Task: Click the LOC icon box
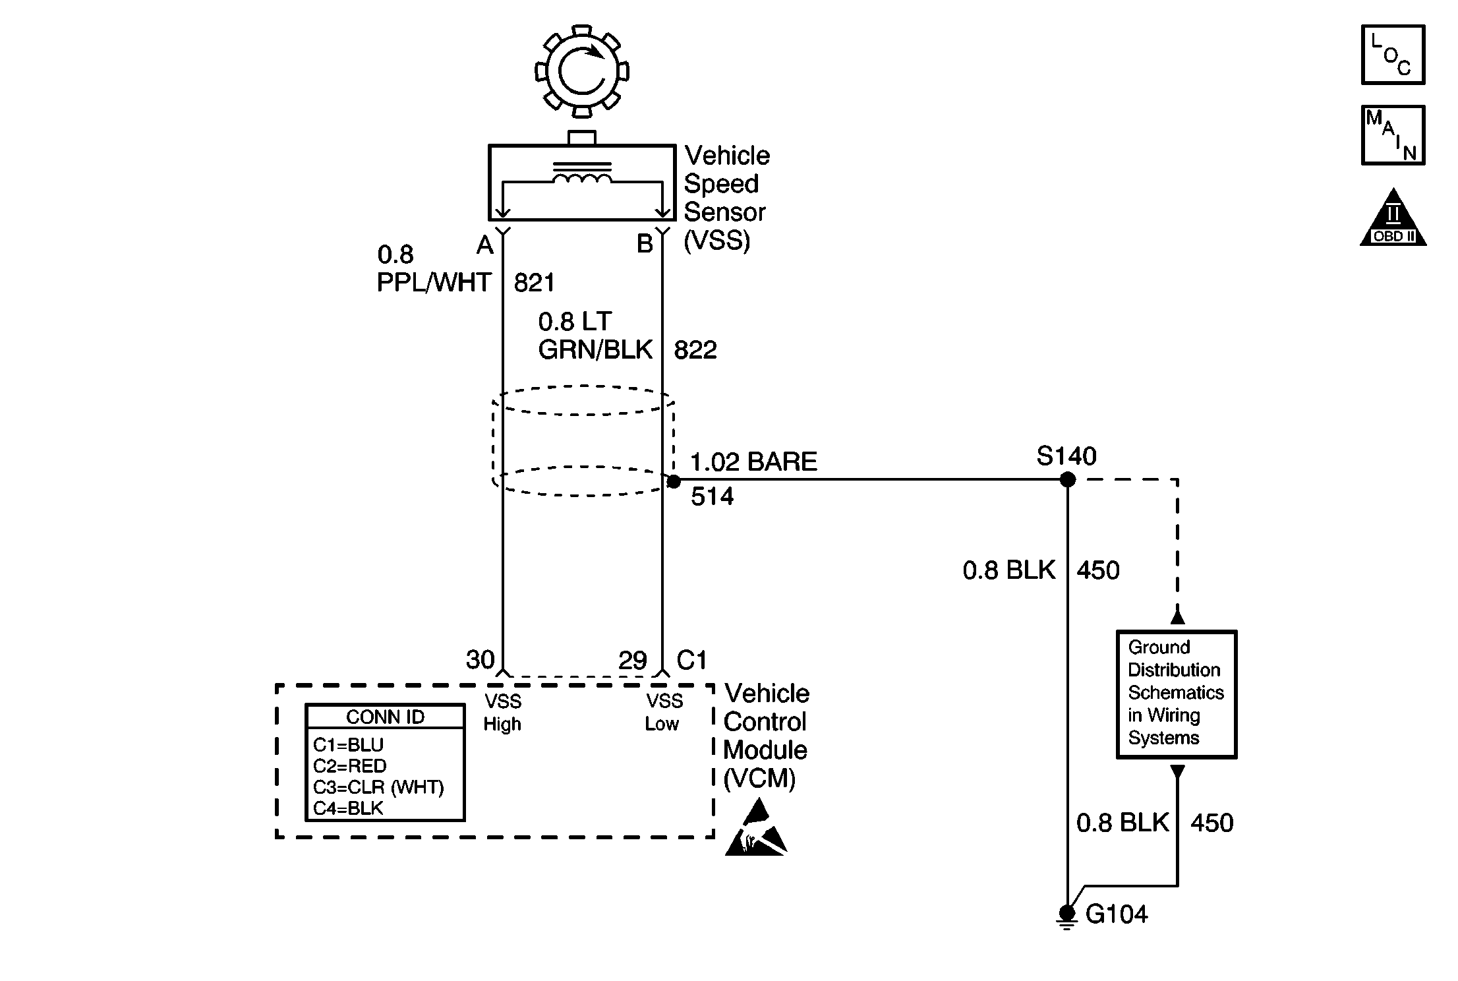coord(1393,55)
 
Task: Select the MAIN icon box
coord(1393,135)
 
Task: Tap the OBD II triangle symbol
coord(1393,218)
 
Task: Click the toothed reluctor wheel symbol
coord(581,71)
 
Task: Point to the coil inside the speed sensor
coord(582,175)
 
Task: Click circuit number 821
coord(535,283)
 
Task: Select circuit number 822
coord(695,349)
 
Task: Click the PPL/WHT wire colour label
coord(434,283)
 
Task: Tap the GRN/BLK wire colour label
coord(595,349)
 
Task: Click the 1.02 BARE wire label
coord(753,461)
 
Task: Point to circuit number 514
coord(712,496)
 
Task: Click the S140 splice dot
coord(1067,480)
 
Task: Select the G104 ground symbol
coord(1066,917)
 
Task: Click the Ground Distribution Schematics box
coord(1177,694)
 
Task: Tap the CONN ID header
coord(386,717)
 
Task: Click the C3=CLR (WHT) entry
coord(378,787)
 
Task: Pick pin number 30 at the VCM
coord(480,660)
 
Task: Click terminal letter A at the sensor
coord(484,245)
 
